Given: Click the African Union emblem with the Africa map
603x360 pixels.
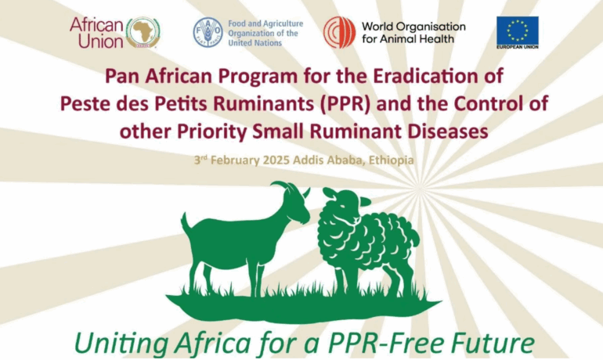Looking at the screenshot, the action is tap(143, 33).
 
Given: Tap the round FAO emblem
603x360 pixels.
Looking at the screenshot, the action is tap(208, 32).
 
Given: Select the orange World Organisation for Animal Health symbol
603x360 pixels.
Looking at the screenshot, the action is tap(339, 32).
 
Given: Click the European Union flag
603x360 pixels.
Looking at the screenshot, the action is tap(517, 33).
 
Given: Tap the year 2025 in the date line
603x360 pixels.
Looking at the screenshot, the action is tap(276, 160).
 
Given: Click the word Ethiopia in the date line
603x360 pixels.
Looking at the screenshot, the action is tap(391, 160).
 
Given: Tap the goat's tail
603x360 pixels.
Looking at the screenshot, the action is tap(186, 220).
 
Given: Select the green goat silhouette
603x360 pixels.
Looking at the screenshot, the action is tap(245, 238).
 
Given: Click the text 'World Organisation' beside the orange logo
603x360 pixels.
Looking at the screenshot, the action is tap(413, 27).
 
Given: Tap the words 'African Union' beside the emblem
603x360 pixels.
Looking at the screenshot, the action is tap(96, 33).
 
